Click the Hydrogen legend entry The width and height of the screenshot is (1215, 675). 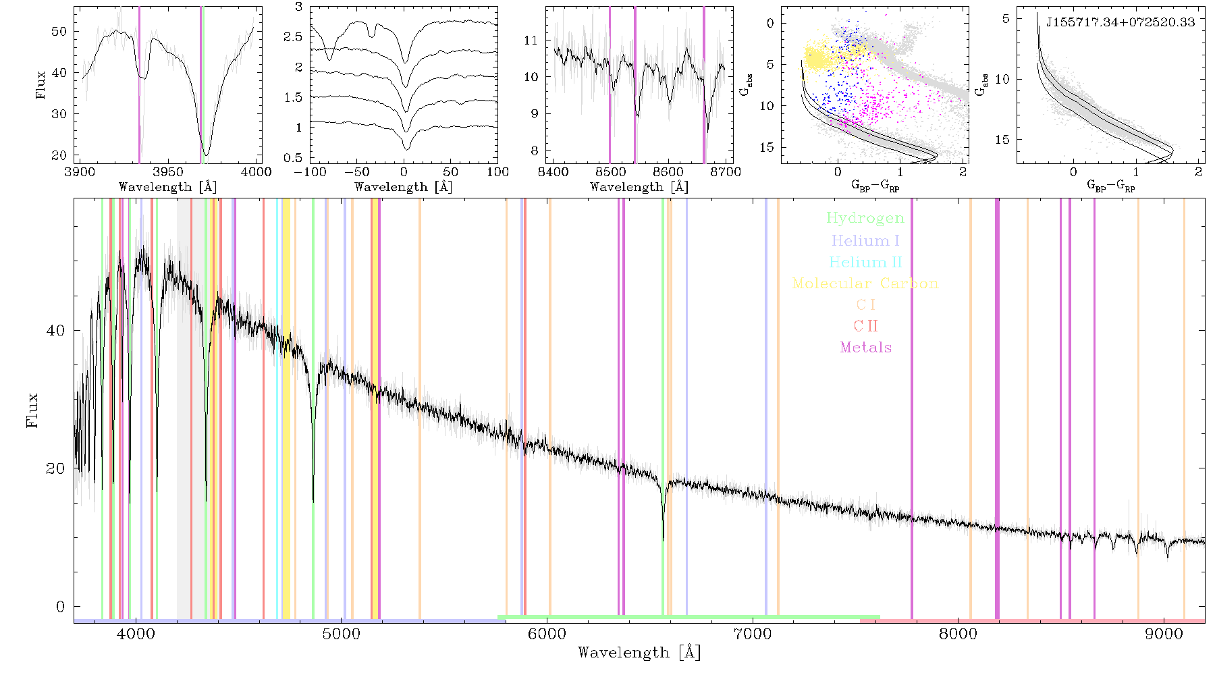pos(865,219)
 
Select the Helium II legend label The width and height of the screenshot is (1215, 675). pos(865,262)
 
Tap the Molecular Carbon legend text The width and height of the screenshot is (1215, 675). pos(865,283)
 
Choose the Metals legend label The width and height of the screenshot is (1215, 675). pos(865,348)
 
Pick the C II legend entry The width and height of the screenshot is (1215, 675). pos(865,326)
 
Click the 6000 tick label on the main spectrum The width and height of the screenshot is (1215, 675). pos(547,634)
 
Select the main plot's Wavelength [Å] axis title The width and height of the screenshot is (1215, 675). pos(639,653)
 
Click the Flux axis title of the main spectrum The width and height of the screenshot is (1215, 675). pos(32,410)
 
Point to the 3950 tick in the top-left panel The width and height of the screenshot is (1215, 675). pos(168,172)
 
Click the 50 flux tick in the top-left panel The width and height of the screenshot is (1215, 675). pos(59,31)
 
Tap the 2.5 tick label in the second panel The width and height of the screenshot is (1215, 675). pos(293,37)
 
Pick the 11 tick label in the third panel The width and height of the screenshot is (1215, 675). pos(531,40)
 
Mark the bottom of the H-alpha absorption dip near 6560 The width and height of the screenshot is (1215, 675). pos(663,540)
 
